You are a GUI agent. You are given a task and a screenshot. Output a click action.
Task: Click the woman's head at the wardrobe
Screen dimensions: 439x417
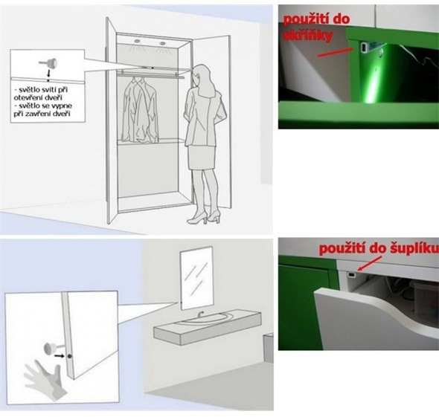point(202,76)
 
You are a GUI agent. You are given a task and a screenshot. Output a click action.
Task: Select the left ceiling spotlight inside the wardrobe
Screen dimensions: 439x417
point(137,42)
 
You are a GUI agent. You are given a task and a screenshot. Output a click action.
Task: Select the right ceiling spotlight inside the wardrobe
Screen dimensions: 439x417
point(163,43)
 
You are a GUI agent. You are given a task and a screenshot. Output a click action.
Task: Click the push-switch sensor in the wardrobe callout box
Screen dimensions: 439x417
point(48,64)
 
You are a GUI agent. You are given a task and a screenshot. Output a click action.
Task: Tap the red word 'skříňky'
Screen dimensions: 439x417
point(308,36)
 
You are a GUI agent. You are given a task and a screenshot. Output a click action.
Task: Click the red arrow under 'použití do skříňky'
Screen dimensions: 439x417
point(335,52)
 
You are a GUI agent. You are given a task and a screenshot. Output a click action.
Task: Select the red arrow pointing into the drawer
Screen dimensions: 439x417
point(370,263)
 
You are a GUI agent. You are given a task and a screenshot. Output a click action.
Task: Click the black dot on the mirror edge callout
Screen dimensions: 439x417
point(69,356)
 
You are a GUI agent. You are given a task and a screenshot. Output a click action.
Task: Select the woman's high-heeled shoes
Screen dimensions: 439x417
point(204,217)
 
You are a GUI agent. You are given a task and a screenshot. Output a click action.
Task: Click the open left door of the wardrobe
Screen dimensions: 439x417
point(112,120)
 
